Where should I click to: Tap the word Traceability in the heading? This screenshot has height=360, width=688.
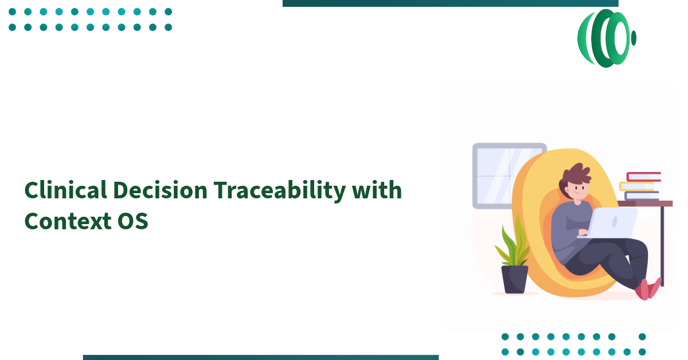[x=279, y=190]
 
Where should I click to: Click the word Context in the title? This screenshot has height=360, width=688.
[x=63, y=221]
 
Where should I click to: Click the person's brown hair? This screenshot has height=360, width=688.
[x=576, y=174]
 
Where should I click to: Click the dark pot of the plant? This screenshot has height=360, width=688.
[x=514, y=279]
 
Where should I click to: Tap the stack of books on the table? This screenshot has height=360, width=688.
[x=641, y=186]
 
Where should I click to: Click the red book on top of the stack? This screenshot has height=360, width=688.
[x=643, y=177]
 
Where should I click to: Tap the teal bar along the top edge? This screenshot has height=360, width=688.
[x=450, y=3]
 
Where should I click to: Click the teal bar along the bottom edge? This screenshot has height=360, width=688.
[x=261, y=357]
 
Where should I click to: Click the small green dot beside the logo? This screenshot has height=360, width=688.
[x=634, y=38]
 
